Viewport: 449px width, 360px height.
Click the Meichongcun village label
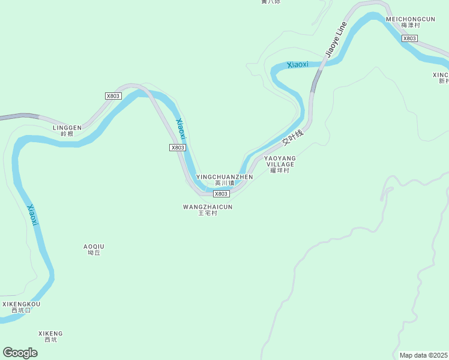tap(410, 19)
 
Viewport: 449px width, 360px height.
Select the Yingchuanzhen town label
tap(224, 177)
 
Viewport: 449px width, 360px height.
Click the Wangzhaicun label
tap(207, 207)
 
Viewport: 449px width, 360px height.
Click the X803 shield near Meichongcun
tap(409, 38)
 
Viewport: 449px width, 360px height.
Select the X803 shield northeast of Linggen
tap(113, 96)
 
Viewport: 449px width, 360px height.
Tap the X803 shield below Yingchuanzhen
tap(221, 194)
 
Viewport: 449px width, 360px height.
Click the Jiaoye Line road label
tap(336, 40)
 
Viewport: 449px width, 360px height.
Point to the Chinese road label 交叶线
tap(293, 139)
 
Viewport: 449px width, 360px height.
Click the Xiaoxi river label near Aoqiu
tap(32, 215)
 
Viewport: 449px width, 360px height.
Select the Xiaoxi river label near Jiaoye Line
tap(298, 64)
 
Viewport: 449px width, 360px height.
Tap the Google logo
tap(20, 352)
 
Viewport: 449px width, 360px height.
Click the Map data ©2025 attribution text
tap(424, 355)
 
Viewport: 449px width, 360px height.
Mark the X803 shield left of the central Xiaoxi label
tap(177, 148)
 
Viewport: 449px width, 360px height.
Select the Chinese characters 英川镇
tap(224, 183)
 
